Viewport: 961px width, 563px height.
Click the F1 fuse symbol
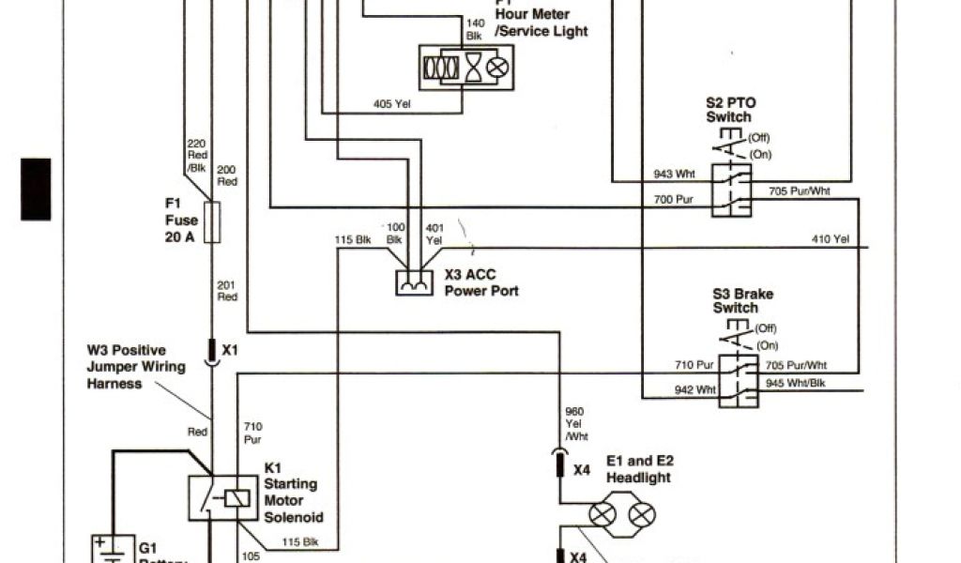tap(212, 221)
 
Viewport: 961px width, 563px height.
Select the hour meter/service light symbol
tap(466, 68)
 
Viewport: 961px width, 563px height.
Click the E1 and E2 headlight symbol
tap(622, 514)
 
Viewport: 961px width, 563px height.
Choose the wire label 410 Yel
tap(830, 240)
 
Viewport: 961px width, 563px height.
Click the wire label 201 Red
tap(227, 291)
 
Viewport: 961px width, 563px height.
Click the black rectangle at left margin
tap(36, 190)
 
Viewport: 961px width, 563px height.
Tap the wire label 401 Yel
tap(435, 233)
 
